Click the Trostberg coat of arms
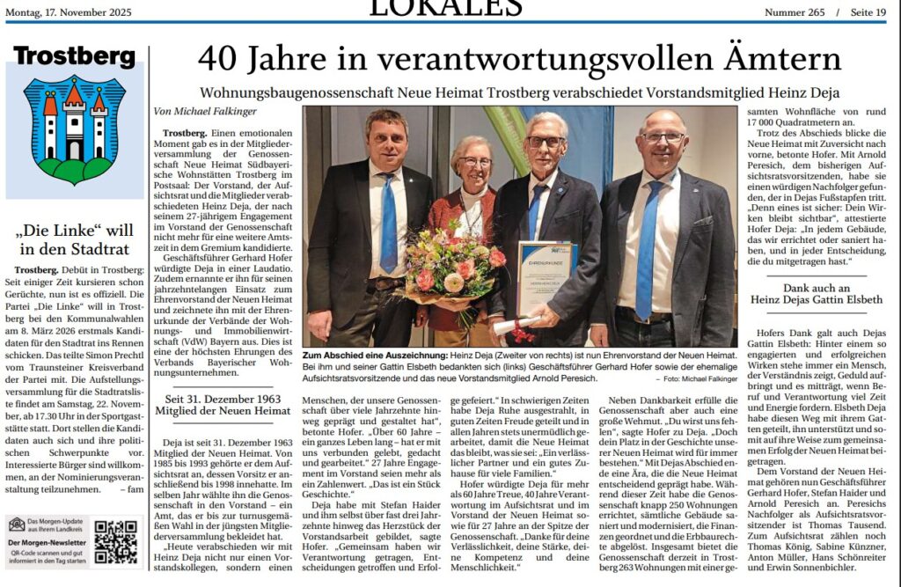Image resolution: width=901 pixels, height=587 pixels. [74, 128]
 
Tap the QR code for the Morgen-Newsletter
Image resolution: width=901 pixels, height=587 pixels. [115, 541]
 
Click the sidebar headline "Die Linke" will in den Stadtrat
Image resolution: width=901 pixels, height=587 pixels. [74, 239]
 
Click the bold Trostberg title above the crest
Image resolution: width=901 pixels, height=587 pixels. [74, 57]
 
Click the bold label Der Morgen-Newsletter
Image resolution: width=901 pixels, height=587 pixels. [46, 544]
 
